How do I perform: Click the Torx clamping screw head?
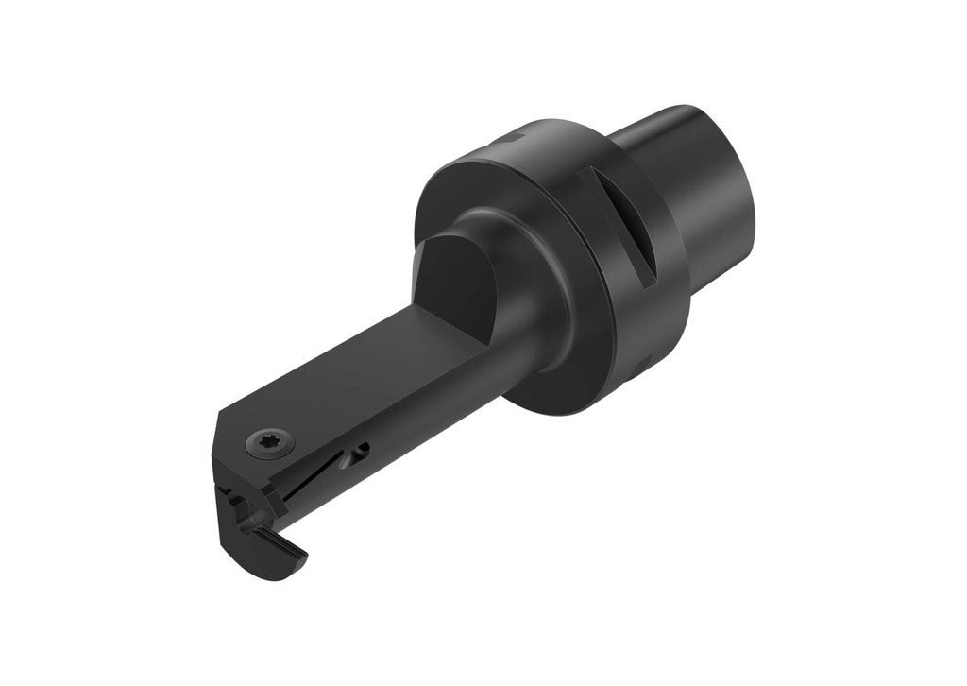(270, 441)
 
